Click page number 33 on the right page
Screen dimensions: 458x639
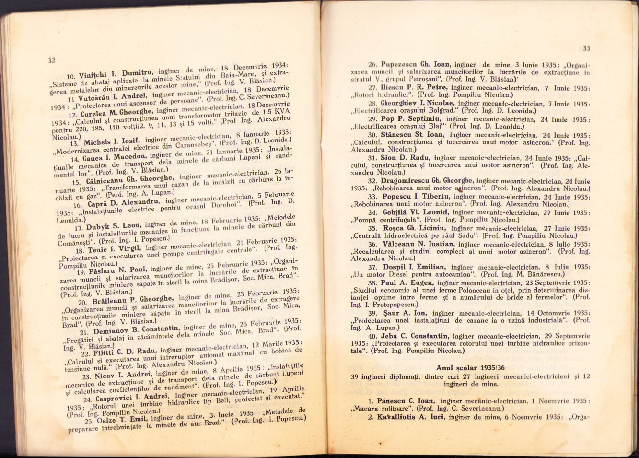click(x=586, y=48)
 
